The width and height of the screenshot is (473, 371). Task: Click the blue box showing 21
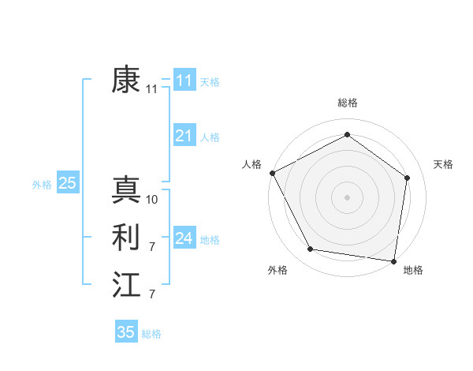click(184, 136)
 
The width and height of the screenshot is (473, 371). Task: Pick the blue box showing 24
click(184, 238)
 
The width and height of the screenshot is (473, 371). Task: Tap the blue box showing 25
click(67, 184)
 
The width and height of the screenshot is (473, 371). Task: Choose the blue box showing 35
click(126, 332)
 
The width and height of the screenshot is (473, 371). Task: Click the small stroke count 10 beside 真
click(152, 200)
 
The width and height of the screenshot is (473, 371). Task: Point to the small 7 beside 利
click(152, 247)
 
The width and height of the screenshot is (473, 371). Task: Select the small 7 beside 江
click(152, 294)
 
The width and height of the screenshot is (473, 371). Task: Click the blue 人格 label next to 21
click(210, 137)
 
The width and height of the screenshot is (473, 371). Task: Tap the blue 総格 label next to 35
click(151, 334)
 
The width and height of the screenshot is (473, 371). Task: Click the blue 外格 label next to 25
click(42, 185)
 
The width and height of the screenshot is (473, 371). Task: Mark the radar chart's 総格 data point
click(347, 134)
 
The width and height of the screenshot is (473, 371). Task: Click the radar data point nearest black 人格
click(272, 173)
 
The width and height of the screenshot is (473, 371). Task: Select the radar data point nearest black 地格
click(393, 260)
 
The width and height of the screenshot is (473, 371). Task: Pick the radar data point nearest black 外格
click(311, 249)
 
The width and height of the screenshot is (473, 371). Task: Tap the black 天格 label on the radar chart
click(444, 164)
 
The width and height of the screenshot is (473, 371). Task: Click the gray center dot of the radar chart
click(347, 197)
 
